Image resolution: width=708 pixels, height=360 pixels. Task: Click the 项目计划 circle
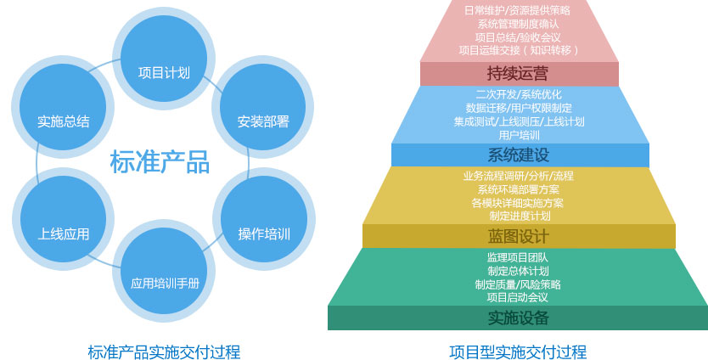click(x=164, y=59)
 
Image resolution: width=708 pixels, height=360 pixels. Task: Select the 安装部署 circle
click(x=263, y=107)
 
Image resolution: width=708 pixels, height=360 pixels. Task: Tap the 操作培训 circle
click(x=264, y=219)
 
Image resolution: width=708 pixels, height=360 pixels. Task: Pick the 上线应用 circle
click(x=63, y=219)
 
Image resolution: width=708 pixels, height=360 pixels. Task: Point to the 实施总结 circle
click(x=63, y=107)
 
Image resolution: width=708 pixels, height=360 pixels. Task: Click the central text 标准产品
click(x=160, y=161)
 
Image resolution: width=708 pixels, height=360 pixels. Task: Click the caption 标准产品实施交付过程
click(x=164, y=352)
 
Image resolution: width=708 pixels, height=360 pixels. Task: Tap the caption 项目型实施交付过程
click(x=518, y=352)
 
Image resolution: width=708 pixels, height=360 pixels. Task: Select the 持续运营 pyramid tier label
click(x=518, y=73)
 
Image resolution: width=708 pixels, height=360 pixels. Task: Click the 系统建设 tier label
click(x=519, y=155)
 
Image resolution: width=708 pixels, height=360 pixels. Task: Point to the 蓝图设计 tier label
click(x=519, y=236)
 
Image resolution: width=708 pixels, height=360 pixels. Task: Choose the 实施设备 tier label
click(x=519, y=318)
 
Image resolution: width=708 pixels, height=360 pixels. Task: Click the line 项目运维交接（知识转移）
click(x=519, y=50)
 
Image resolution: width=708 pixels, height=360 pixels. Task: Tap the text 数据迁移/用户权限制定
click(x=519, y=108)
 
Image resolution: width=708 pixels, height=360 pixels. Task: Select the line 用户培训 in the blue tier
click(x=519, y=135)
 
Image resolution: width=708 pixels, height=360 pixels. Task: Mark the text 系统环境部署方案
click(x=519, y=189)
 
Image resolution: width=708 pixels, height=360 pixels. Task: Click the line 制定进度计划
click(x=520, y=216)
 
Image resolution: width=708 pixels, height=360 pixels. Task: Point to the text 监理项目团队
click(x=518, y=257)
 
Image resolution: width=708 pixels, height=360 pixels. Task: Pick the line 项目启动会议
click(x=518, y=297)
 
